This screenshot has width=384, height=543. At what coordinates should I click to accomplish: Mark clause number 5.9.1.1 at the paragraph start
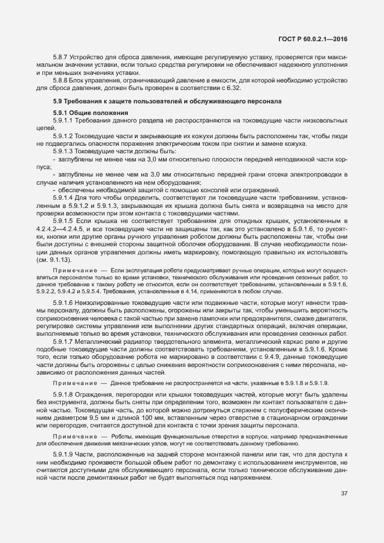63,120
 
